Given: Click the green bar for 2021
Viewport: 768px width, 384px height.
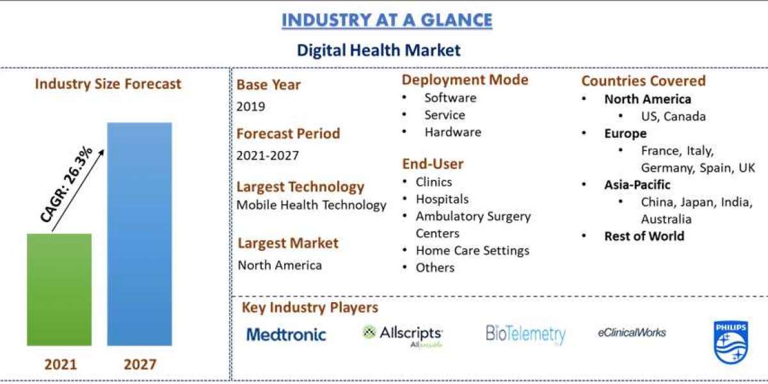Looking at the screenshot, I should pos(59,289).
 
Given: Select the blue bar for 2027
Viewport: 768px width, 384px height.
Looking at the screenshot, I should pos(140,234).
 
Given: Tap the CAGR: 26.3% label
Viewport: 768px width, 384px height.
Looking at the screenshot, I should pos(67,185).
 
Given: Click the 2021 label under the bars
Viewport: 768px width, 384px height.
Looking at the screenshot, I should pos(60,365).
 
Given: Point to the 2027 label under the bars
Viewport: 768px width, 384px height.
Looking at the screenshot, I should pos(140,365).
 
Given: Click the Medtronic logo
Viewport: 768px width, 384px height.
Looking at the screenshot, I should pos(286,334).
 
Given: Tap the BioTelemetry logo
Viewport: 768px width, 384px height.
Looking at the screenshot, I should pos(525,334).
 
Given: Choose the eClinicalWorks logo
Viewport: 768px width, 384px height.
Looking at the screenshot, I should pos(632,332).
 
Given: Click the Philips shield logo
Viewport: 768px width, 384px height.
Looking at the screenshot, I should pos(730,342).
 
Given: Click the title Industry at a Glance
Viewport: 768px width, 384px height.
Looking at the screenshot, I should pos(387,20).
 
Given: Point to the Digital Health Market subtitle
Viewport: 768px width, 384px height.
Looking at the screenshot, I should pos(378,50).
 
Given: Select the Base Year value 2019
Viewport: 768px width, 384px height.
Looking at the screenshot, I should pos(251,106).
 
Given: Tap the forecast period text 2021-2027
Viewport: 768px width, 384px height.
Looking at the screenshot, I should pos(268,156).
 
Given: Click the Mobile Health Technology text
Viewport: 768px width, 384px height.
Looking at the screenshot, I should pos(312,205).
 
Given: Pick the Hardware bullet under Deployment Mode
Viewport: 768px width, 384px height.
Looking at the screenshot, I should pos(452,132).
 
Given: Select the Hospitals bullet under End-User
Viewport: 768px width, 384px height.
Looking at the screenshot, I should pos(442,199).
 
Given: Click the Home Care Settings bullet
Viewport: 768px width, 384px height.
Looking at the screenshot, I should pos(472,250).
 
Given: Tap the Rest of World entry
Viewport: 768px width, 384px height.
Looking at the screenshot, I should pos(644,236).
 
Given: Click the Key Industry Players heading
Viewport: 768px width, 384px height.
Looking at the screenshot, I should pos(310,308).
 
